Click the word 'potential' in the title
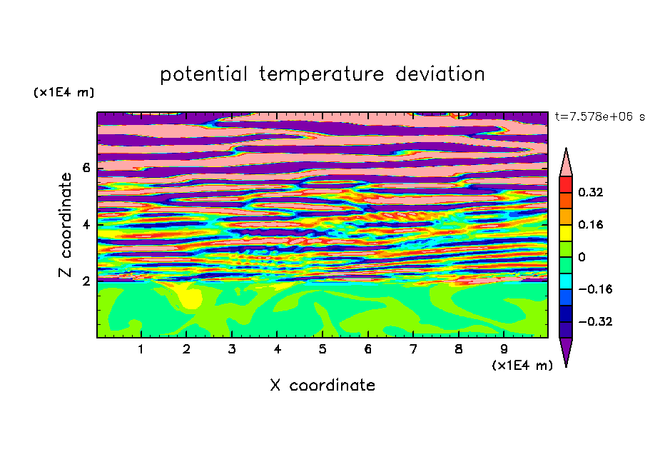(203, 74)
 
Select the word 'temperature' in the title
(321, 74)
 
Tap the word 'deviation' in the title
(440, 74)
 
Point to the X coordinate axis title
(322, 385)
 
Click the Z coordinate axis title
(65, 225)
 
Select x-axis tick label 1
(141, 350)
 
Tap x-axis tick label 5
(322, 350)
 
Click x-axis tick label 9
(504, 350)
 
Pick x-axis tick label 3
(232, 350)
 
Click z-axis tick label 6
(86, 168)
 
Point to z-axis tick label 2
(86, 281)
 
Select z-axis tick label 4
(86, 225)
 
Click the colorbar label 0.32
(591, 192)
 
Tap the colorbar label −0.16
(595, 289)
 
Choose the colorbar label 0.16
(591, 225)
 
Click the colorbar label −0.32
(595, 321)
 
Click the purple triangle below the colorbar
(566, 349)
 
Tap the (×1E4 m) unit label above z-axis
(64, 92)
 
